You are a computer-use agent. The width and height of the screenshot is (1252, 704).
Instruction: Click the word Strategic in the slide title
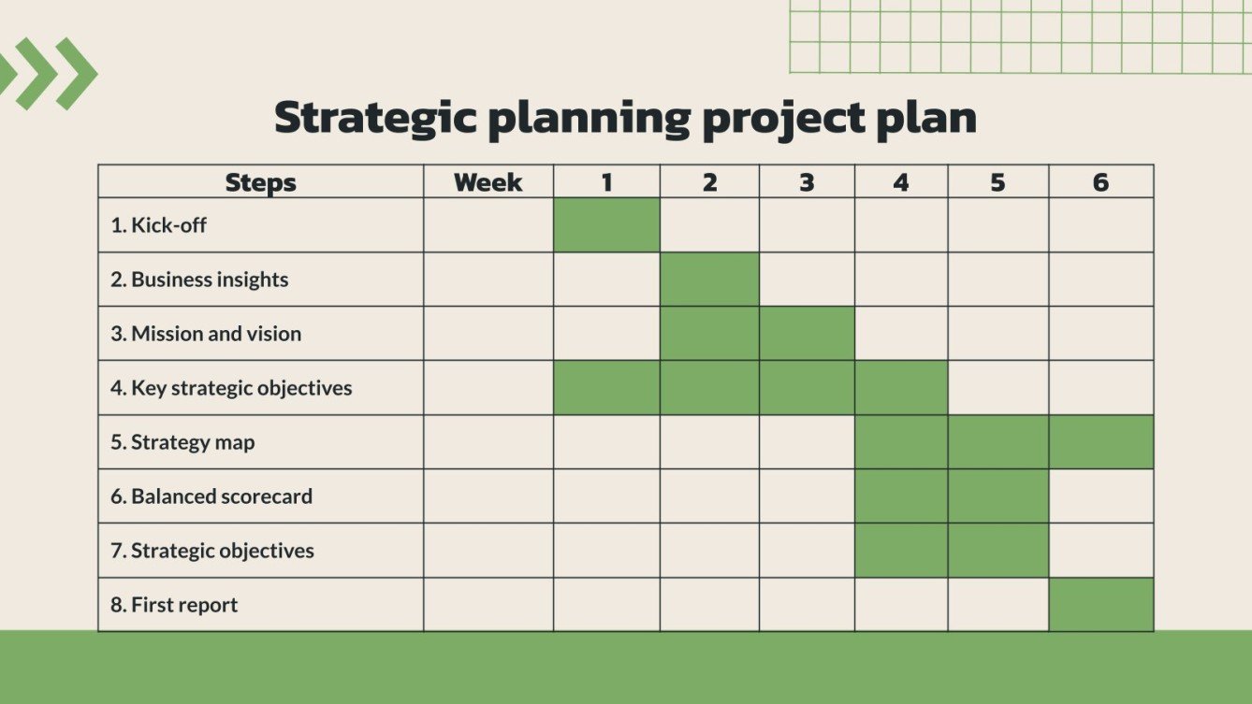(x=375, y=119)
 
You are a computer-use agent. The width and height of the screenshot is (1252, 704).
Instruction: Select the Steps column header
(x=260, y=182)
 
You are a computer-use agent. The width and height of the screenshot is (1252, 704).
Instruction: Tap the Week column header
(x=488, y=182)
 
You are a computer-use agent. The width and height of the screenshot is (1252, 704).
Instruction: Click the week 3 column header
(x=807, y=182)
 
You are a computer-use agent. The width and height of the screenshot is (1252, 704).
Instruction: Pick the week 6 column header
(x=1100, y=182)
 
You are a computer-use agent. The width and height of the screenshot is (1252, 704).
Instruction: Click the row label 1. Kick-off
(x=158, y=225)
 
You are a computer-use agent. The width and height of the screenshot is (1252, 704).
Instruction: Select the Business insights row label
(x=199, y=280)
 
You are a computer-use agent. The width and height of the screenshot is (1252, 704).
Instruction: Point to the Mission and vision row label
(x=206, y=333)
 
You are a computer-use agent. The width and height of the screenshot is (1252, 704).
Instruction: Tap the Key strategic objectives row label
(x=231, y=388)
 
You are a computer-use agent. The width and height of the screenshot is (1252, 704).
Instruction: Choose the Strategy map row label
(x=182, y=442)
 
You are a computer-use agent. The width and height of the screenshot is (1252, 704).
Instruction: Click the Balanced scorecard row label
(x=211, y=496)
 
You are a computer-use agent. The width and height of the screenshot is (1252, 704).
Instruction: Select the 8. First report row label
(x=174, y=605)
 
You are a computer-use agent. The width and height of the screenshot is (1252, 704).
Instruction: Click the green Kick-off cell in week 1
(x=606, y=225)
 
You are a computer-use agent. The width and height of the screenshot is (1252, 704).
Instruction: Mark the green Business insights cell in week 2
(x=709, y=280)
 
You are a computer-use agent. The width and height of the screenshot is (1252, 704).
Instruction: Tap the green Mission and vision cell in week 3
(x=807, y=333)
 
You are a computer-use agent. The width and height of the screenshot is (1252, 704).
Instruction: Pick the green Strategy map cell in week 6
(x=1101, y=442)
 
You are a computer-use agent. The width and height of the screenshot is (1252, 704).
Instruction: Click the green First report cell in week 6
(x=1101, y=605)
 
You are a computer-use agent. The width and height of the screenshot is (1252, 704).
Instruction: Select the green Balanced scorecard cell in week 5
(x=998, y=496)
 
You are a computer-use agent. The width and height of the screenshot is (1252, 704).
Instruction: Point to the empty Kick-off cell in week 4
(x=901, y=225)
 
